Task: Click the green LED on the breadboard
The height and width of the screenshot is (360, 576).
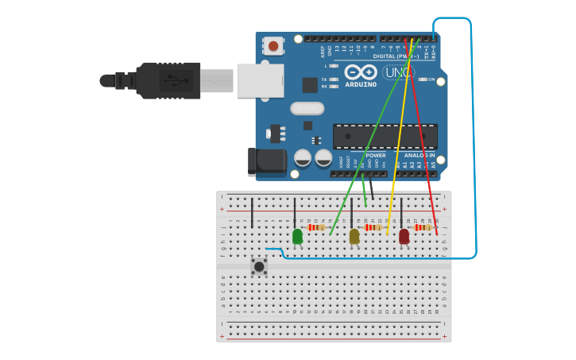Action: point(297,236)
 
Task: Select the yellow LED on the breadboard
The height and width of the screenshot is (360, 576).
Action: point(354,236)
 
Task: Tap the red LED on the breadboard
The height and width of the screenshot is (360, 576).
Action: point(404,236)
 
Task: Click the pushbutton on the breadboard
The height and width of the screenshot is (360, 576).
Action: point(259,266)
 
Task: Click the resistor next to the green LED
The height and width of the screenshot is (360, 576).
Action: point(318,227)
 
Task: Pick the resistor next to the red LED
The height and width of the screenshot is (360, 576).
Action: point(423,227)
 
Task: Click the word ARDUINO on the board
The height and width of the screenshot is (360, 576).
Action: point(360,84)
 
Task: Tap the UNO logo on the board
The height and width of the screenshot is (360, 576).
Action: point(398,73)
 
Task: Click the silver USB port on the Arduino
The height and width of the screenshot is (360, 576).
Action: point(261,80)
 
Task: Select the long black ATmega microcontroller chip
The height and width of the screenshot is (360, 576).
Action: point(385,136)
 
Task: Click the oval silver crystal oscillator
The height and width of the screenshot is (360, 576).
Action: point(307,108)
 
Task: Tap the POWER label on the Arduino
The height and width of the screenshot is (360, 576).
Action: point(375,155)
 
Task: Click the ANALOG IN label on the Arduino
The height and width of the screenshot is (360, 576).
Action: point(419,155)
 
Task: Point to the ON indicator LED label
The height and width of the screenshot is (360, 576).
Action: point(432,79)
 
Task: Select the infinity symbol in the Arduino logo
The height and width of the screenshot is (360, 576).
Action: point(360,72)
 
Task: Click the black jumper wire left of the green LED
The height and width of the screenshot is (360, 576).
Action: point(253,213)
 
